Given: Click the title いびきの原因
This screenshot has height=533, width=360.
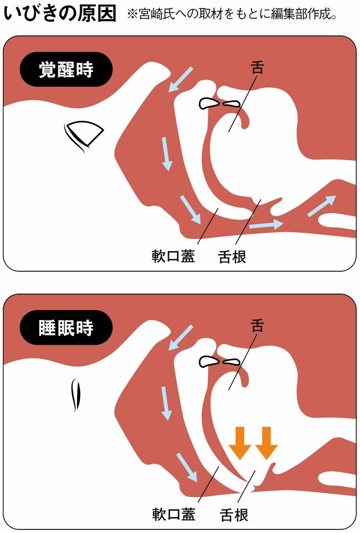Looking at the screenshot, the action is point(60,14).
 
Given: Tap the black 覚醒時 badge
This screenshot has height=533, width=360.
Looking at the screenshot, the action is point(66,69).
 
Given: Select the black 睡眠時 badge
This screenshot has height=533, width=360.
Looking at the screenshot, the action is point(66,328).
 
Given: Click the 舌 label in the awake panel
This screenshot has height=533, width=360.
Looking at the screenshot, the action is point(258,67).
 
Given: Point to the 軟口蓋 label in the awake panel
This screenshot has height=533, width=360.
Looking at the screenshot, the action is point(173,256).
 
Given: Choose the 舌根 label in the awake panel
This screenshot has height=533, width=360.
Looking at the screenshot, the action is point(232,257).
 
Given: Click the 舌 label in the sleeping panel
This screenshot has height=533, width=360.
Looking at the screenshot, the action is point(258,325).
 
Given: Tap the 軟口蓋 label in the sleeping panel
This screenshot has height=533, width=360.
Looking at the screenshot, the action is point(173,514).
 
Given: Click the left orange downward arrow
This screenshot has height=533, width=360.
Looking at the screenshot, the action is point(240,443).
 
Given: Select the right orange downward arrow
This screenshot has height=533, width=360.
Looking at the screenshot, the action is point(267,443).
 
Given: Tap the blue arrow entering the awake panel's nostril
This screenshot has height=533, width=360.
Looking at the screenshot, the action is point(181,79).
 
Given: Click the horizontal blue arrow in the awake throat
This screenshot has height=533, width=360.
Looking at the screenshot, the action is point(266,225).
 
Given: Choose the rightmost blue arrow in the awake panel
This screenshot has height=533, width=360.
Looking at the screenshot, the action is point(321,206).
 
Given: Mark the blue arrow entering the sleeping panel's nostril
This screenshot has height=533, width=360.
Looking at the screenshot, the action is point(181,338).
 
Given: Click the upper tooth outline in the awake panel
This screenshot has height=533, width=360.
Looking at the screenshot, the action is point(208,103).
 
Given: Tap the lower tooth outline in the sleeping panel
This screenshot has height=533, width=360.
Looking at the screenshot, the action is point(232,362).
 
